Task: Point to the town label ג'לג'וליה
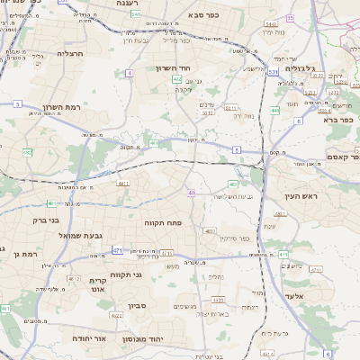pos(299,67)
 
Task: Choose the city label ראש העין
pos(321,195)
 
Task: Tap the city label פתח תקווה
pos(164,220)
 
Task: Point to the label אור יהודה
pos(90,338)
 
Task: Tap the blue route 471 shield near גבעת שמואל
pos(117,249)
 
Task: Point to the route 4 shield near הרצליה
pos(130,72)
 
